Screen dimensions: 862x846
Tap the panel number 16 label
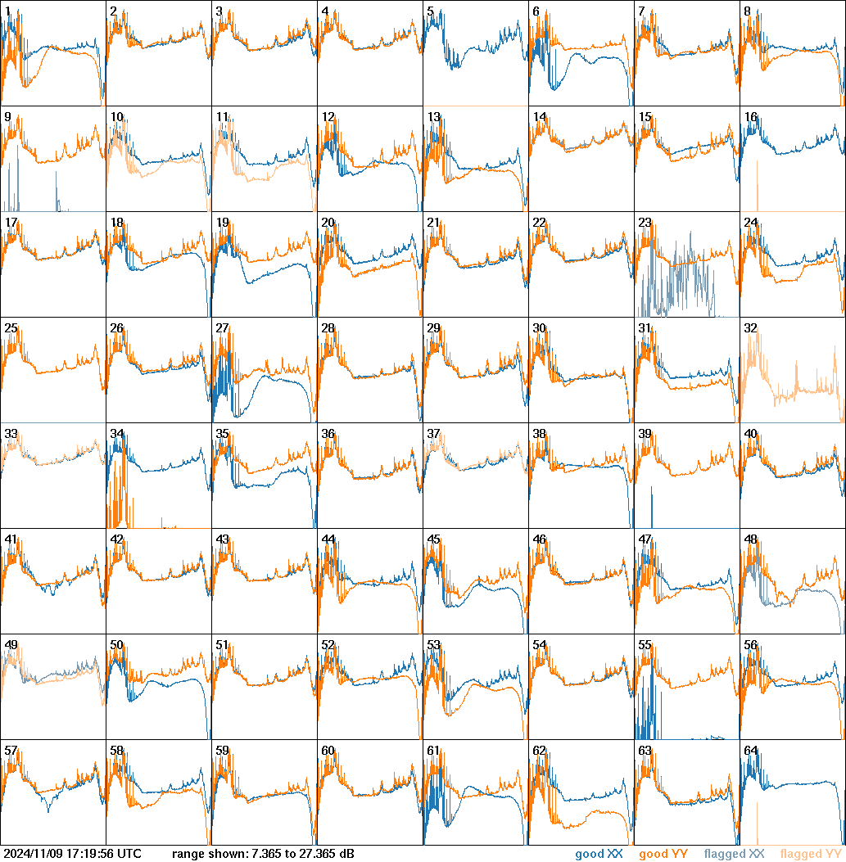(750, 116)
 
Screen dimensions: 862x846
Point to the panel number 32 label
(750, 327)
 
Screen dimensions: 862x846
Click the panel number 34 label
(116, 433)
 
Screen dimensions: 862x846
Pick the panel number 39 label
(645, 433)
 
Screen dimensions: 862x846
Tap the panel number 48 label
(750, 539)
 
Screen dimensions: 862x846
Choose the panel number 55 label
(645, 644)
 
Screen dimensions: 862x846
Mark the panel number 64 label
(750, 750)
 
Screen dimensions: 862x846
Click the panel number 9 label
(7, 116)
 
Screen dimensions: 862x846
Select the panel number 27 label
(222, 327)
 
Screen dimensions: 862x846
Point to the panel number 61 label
(433, 750)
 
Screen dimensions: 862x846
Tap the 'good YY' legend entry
(663, 854)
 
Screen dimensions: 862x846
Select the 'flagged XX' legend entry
(734, 854)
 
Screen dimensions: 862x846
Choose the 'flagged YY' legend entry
(811, 854)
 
